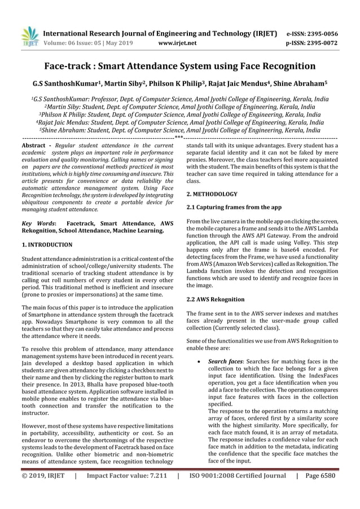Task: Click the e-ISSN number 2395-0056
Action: click(319, 33)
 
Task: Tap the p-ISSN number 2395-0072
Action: click(319, 42)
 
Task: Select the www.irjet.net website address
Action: click(177, 42)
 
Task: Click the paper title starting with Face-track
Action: click(180, 66)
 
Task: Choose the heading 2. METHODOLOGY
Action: click(212, 194)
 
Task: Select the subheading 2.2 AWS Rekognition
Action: click(215, 299)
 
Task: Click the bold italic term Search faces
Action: click(225, 361)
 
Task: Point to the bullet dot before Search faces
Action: click(196, 362)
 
